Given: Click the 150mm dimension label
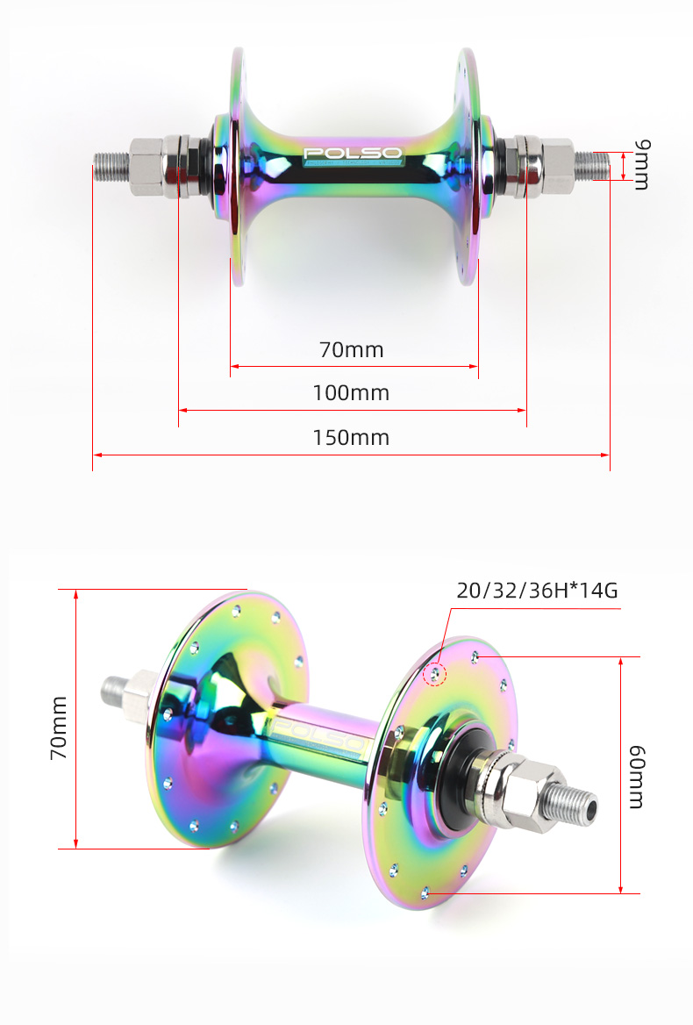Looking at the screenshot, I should click(351, 437).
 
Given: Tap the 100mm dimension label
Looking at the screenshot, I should click(351, 392).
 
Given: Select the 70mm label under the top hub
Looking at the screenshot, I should click(351, 349).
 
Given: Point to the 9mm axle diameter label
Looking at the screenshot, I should click(641, 164).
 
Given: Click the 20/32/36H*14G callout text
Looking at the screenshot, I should click(537, 590).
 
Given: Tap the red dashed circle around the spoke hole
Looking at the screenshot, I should click(435, 674).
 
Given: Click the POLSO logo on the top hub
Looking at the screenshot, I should click(352, 154).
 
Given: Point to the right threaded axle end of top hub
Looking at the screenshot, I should click(591, 164).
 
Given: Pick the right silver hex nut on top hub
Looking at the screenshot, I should click(555, 165).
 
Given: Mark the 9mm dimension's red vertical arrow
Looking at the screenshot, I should click(624, 165).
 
